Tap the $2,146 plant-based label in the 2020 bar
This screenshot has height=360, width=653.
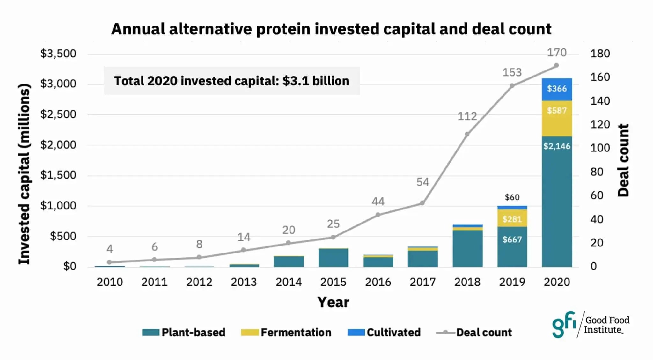click(x=557, y=146)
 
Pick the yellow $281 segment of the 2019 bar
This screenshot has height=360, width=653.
click(x=512, y=219)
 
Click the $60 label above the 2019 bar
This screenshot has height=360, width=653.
click(x=512, y=197)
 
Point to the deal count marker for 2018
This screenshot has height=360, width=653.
click(x=467, y=134)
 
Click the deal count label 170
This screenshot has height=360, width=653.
click(x=557, y=53)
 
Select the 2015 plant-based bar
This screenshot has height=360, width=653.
click(x=333, y=258)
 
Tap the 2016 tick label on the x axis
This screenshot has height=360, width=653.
click(x=378, y=282)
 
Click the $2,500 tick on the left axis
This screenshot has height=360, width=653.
click(x=58, y=114)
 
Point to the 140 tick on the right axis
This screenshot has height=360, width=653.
click(x=600, y=101)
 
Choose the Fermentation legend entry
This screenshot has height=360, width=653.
click(x=286, y=332)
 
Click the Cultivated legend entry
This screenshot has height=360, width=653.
click(x=384, y=332)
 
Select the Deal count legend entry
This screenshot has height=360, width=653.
click(x=474, y=332)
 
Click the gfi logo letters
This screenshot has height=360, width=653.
click(x=564, y=324)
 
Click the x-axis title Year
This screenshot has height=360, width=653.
click(x=333, y=302)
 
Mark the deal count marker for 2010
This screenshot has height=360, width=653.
click(x=109, y=262)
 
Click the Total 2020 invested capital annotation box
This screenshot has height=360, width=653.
click(x=231, y=81)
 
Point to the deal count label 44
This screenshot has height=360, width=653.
click(x=378, y=202)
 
